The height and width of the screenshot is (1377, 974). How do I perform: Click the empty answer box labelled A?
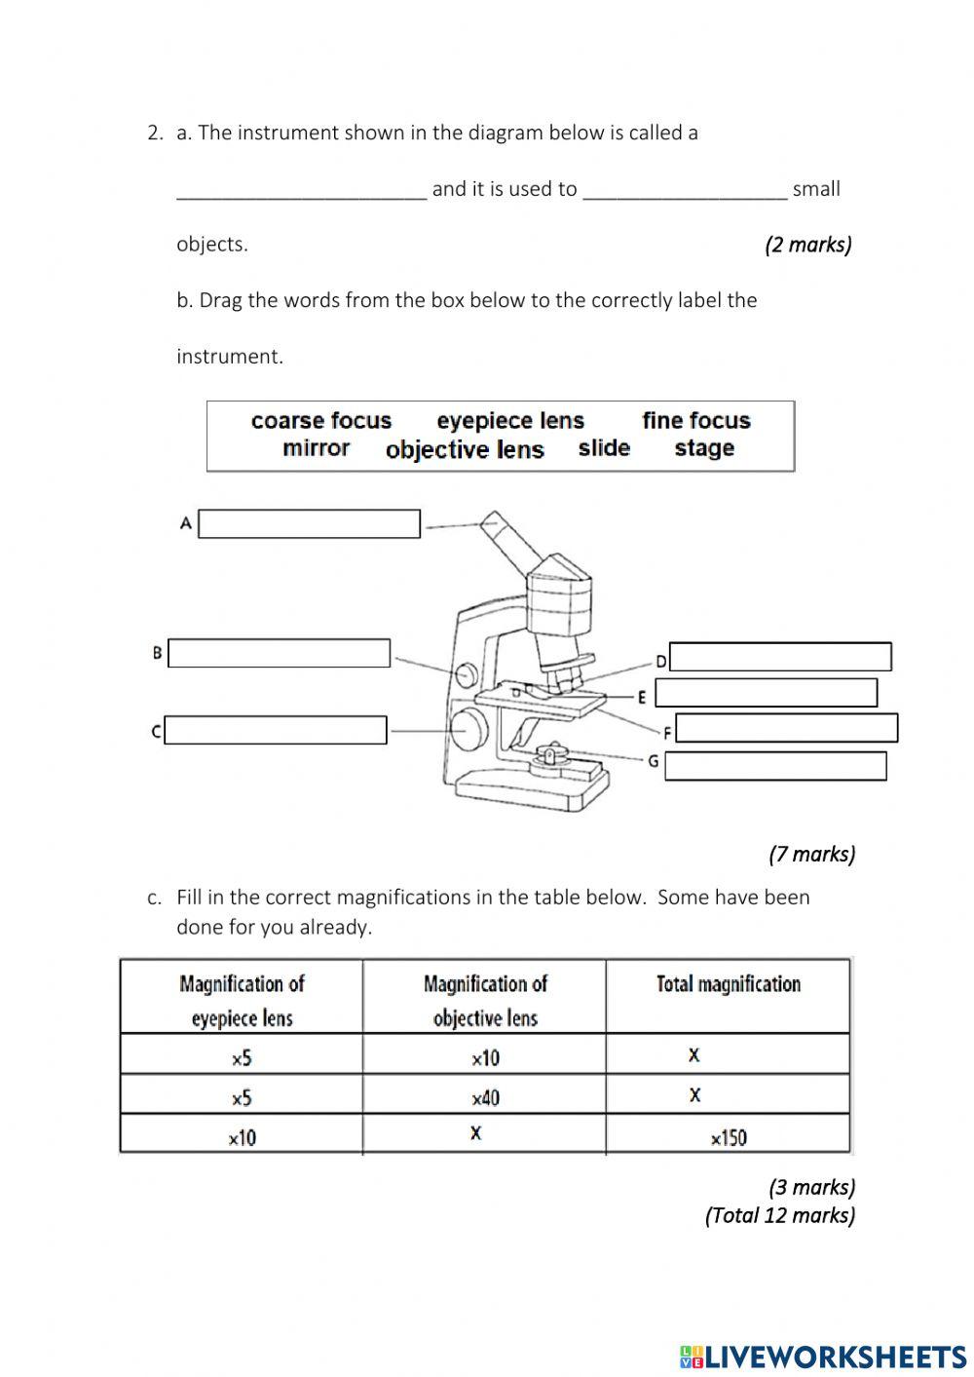[x=309, y=524]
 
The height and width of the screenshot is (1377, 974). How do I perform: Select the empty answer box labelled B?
[x=279, y=654]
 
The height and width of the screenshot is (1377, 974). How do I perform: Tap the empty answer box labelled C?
[x=276, y=730]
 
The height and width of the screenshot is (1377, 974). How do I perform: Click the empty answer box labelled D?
[x=780, y=657]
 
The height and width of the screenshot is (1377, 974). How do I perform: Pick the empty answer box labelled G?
[x=775, y=766]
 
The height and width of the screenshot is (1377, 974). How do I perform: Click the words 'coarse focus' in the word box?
[x=320, y=421]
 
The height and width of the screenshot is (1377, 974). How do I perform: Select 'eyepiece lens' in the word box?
[x=510, y=421]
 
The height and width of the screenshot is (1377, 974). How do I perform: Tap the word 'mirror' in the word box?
[x=316, y=448]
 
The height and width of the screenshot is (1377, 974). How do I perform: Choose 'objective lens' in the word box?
[x=465, y=449]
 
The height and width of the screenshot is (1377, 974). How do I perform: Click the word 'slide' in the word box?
[x=604, y=448]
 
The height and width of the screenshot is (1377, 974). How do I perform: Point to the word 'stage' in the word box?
[x=704, y=448]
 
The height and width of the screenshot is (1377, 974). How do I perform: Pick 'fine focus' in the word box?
[x=696, y=421]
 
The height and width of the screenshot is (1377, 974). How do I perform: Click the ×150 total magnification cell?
[x=728, y=1136]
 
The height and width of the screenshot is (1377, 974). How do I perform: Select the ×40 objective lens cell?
[x=485, y=1097]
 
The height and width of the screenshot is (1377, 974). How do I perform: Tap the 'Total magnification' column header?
[x=728, y=984]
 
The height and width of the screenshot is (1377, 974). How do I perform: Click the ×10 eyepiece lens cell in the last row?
[x=242, y=1136]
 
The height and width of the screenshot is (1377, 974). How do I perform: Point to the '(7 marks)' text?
[x=811, y=854]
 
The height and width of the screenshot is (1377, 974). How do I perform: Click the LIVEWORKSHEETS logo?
[x=823, y=1356]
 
